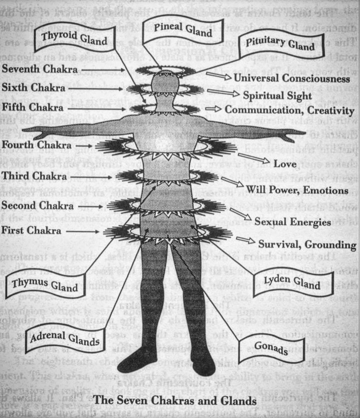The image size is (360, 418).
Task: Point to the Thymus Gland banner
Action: tap(44, 285)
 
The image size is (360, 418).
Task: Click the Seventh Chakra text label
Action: tap(39, 69)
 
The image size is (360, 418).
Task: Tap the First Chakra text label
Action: tap(31, 230)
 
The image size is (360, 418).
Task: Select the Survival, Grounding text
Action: tap(307, 244)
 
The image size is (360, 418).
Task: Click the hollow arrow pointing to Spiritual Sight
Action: tap(221, 92)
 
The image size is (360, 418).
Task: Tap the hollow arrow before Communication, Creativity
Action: tap(212, 108)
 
